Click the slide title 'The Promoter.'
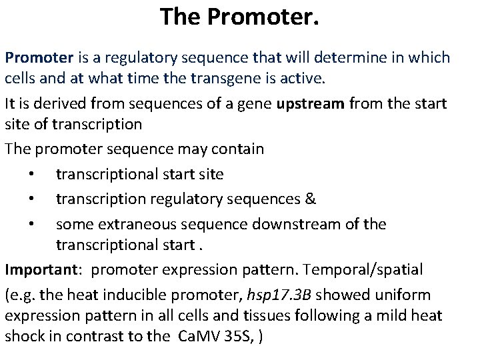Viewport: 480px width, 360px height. pyautogui.click(x=239, y=17)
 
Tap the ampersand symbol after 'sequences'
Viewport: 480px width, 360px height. pyautogui.click(x=311, y=199)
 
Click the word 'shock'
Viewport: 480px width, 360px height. pyautogui.click(x=24, y=337)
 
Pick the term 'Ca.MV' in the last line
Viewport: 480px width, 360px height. pyautogui.click(x=198, y=337)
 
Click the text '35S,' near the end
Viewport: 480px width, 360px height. pyautogui.click(x=239, y=337)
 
